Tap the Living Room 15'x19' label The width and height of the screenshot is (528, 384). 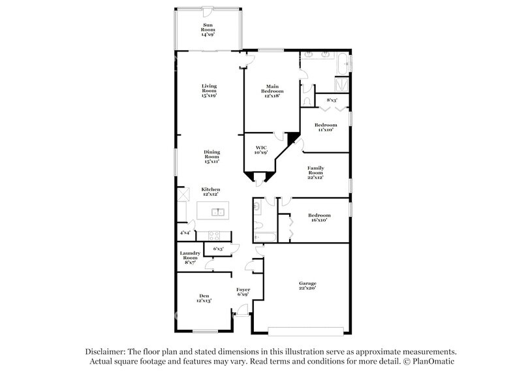(209, 91)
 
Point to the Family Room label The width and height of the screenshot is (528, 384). (316, 172)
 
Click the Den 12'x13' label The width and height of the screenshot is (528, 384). (204, 299)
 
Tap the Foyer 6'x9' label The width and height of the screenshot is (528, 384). (243, 291)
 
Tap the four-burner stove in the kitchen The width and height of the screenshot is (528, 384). (215, 235)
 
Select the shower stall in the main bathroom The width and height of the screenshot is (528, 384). (341, 84)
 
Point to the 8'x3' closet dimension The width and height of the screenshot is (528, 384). (332, 100)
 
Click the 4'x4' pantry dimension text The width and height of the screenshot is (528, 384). (185, 232)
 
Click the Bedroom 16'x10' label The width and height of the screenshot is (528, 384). (319, 217)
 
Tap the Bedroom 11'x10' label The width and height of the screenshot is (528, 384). (325, 127)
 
